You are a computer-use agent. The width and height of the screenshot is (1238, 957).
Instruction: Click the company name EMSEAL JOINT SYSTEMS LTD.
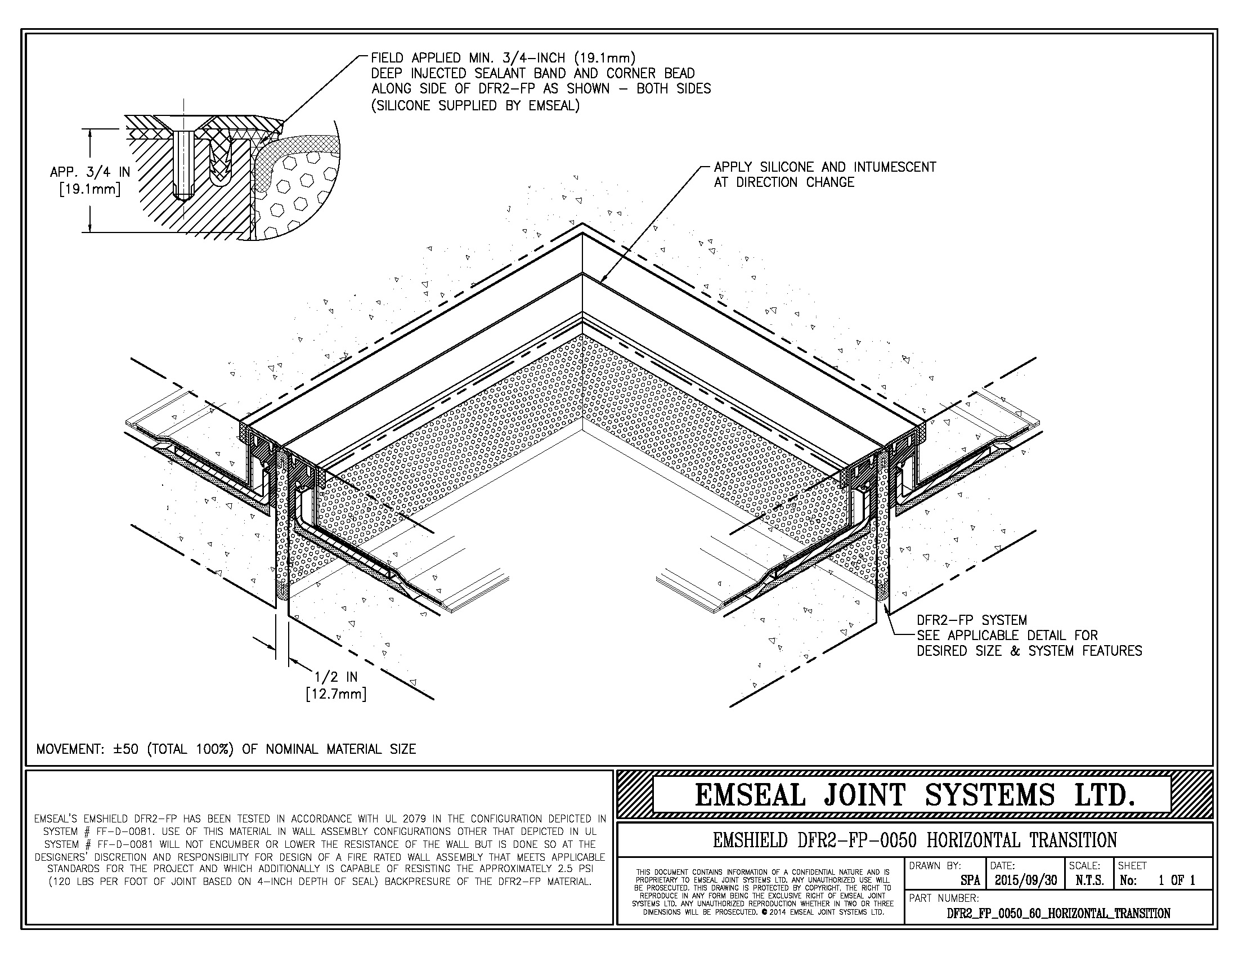[x=914, y=795]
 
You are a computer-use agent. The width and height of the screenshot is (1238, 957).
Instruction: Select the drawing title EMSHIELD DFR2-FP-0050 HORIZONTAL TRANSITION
[x=914, y=840]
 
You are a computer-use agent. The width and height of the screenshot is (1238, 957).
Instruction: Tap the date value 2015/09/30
[x=1025, y=880]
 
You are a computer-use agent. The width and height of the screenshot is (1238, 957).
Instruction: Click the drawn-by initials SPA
[x=970, y=881]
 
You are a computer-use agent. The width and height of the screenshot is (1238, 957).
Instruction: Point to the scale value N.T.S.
[x=1088, y=880]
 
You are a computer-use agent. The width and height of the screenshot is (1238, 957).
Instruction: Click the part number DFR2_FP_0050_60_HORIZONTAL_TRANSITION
[x=1058, y=913]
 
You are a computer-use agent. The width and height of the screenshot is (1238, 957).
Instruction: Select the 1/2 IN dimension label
[x=336, y=677]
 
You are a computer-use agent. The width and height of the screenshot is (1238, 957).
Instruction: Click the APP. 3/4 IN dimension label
[x=90, y=172]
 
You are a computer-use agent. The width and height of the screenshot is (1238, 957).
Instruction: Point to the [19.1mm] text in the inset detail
[x=90, y=189]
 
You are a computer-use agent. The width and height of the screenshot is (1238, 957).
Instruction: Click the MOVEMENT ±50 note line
[x=226, y=749]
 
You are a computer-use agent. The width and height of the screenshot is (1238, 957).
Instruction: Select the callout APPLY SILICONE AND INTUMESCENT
[x=825, y=167]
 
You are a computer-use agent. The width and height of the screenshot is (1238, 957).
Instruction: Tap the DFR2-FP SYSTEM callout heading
[x=972, y=620]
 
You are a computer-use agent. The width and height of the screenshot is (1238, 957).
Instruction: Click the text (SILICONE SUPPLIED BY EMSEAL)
[x=475, y=105]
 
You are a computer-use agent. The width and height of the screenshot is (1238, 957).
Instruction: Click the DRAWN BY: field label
[x=935, y=866]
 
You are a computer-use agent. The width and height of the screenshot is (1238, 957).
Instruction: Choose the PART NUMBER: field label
[x=944, y=898]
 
